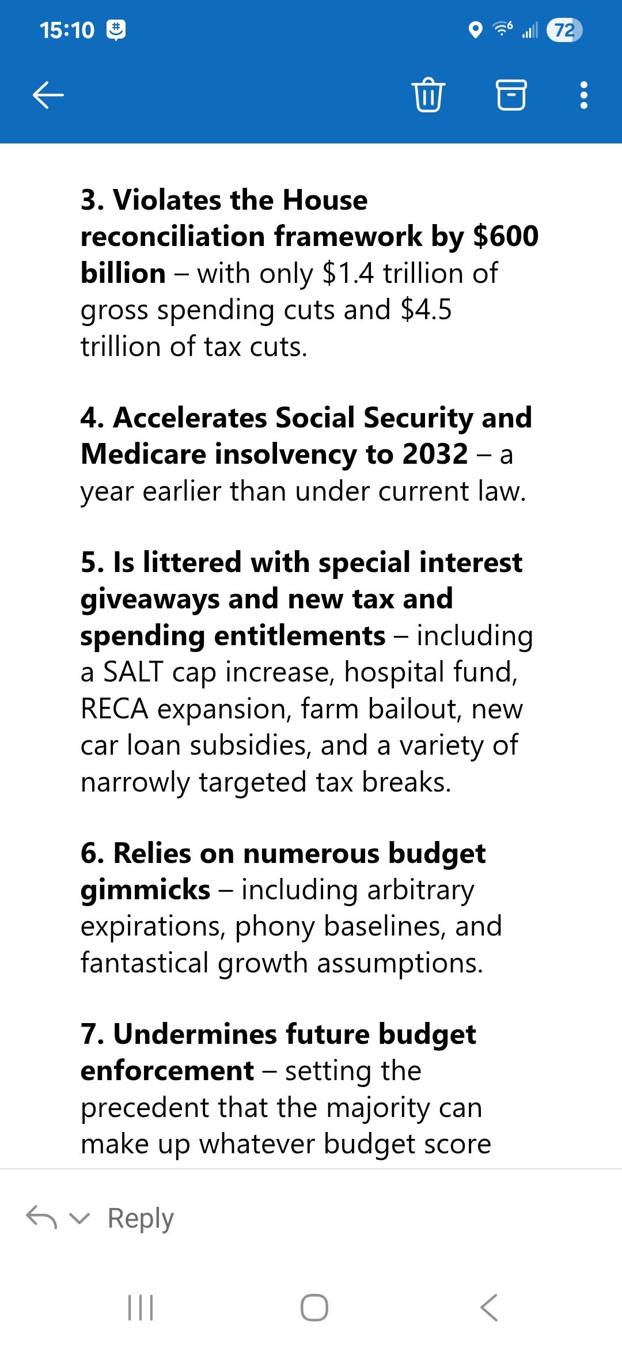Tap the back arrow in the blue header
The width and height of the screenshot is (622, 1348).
coord(48,95)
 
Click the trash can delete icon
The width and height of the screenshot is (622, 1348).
coord(428,95)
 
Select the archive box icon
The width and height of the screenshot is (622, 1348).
coord(511,95)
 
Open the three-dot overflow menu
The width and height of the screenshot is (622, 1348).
coord(583,95)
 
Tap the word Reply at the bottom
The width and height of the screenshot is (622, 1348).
coord(141,1218)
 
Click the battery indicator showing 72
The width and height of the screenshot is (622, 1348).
coord(564,30)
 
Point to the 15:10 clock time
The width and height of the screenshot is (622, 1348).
coord(67,30)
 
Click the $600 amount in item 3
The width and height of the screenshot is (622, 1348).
coord(506,236)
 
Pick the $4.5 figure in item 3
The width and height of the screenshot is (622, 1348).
coord(426,310)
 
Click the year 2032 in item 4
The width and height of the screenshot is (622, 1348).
coord(435,454)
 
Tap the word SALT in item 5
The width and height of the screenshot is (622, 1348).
coord(133,672)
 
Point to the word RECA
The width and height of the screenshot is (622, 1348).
coord(115,709)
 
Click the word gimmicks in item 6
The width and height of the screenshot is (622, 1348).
coord(145,890)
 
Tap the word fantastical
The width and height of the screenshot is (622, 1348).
coord(144,963)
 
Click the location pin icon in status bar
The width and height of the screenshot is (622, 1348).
coord(475,30)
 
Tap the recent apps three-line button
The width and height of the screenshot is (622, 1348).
coord(141,1308)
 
